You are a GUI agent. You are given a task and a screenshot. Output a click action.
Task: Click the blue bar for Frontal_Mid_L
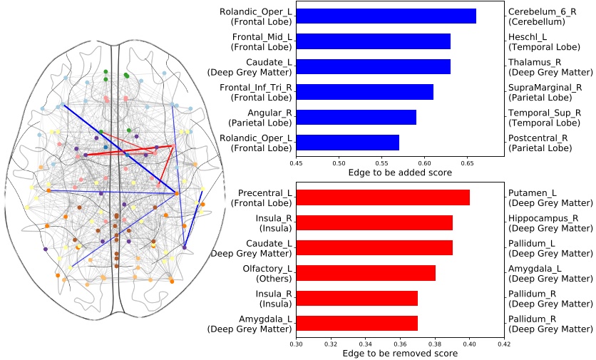click(x=373, y=41)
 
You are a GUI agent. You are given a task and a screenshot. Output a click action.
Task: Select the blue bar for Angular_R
click(x=356, y=118)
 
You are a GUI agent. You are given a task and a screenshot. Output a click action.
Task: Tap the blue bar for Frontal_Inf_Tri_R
click(x=364, y=92)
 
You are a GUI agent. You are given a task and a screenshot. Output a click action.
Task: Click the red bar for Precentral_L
click(x=383, y=197)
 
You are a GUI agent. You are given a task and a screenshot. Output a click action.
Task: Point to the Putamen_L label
click(x=531, y=192)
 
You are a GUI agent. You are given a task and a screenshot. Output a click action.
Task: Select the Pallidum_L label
click(x=533, y=243)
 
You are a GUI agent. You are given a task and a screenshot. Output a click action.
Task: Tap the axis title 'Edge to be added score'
click(x=399, y=173)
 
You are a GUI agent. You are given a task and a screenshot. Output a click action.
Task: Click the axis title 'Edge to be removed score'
click(x=400, y=353)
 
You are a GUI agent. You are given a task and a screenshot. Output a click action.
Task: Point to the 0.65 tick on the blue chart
click(x=467, y=163)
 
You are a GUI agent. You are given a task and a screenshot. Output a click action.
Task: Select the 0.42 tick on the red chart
click(x=504, y=344)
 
